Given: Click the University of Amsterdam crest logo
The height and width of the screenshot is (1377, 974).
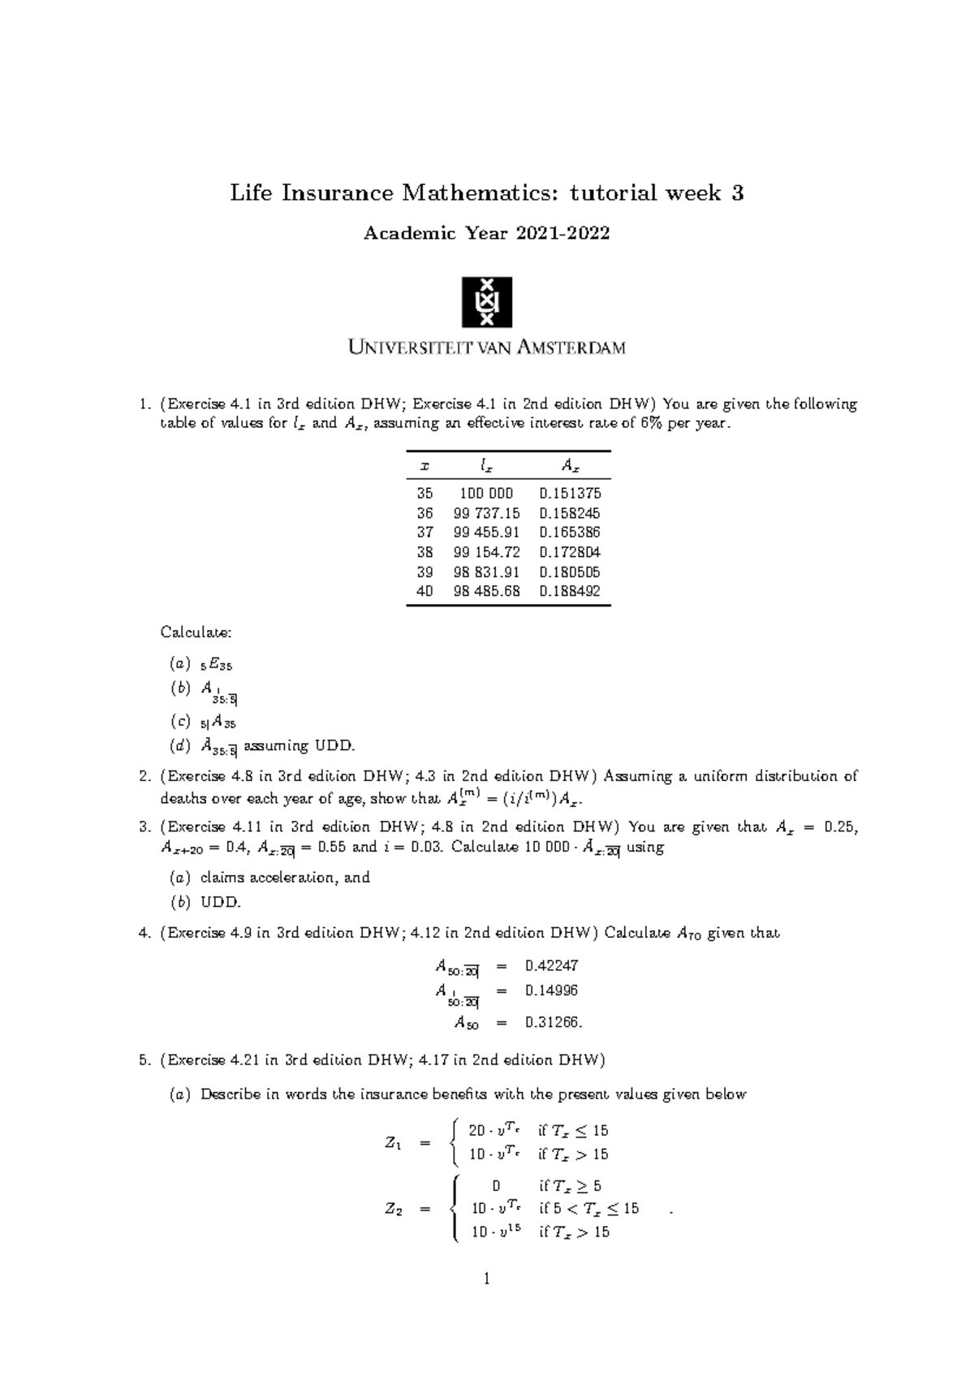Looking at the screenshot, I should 486,302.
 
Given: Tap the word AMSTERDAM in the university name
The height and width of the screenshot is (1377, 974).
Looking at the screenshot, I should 568,347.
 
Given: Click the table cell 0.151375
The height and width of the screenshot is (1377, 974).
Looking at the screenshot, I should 570,493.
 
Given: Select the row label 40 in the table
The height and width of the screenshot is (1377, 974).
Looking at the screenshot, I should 425,591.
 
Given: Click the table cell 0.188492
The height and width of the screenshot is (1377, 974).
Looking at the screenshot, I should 570,591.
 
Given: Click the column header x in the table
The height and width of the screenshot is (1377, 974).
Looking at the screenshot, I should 424,466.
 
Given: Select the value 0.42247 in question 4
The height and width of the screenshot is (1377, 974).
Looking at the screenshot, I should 552,965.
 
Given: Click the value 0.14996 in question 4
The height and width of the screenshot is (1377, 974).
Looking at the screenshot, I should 552,991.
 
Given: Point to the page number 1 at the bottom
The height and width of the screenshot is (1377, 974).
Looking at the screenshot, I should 486,1280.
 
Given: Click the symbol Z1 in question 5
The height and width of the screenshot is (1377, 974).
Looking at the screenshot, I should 393,1143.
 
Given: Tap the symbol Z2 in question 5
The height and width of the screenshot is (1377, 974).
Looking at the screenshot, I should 393,1209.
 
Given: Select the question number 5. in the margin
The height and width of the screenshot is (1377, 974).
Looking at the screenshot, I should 145,1060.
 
